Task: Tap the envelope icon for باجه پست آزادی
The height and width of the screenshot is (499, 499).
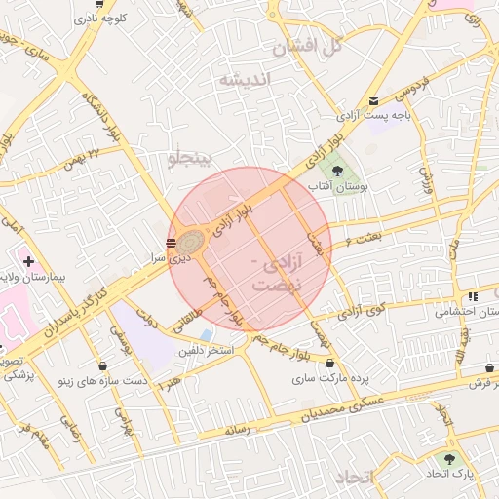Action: (374, 101)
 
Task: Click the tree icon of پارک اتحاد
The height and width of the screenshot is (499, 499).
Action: (449, 458)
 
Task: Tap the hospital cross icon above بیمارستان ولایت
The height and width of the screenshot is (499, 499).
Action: (29, 261)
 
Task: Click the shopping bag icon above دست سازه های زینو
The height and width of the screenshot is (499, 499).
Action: (103, 365)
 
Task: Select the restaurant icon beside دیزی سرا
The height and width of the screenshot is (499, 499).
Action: (172, 243)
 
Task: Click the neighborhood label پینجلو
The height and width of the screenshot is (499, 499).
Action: (196, 159)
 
